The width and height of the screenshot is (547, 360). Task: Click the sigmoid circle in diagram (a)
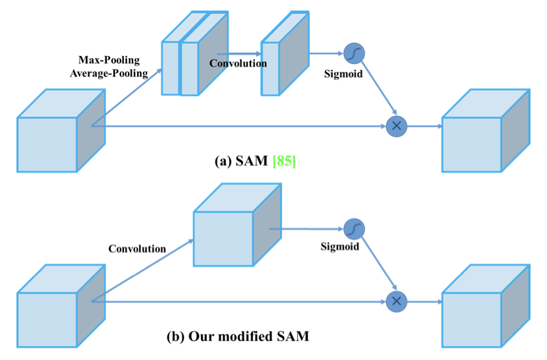tap(354, 54)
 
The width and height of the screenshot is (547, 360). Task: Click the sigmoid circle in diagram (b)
tap(354, 229)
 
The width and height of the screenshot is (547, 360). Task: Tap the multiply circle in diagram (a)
tap(397, 126)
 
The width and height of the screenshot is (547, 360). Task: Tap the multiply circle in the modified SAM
tap(397, 301)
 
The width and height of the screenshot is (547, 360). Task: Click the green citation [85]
tap(284, 161)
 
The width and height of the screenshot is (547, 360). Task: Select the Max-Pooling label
tap(109, 60)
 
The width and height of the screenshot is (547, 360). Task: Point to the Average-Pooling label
tap(109, 73)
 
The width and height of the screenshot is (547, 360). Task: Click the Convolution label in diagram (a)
tap(238, 63)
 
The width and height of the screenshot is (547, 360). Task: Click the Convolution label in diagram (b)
tap(137, 249)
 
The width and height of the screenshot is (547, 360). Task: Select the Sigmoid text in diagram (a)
tap(343, 74)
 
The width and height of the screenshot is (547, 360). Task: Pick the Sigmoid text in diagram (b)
tap(340, 247)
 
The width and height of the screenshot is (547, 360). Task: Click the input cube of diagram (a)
tap(61, 131)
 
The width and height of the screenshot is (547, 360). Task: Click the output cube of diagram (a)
tap(486, 131)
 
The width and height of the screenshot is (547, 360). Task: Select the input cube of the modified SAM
tap(61, 306)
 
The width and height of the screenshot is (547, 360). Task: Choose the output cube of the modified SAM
tap(486, 306)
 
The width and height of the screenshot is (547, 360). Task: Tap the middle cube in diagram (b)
tap(237, 225)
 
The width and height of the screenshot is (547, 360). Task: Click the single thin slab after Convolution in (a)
tap(285, 53)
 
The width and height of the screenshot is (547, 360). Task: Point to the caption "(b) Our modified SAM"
tap(238, 336)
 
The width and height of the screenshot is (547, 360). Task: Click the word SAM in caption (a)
tap(252, 161)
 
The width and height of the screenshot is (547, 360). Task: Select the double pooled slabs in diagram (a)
tap(194, 53)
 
